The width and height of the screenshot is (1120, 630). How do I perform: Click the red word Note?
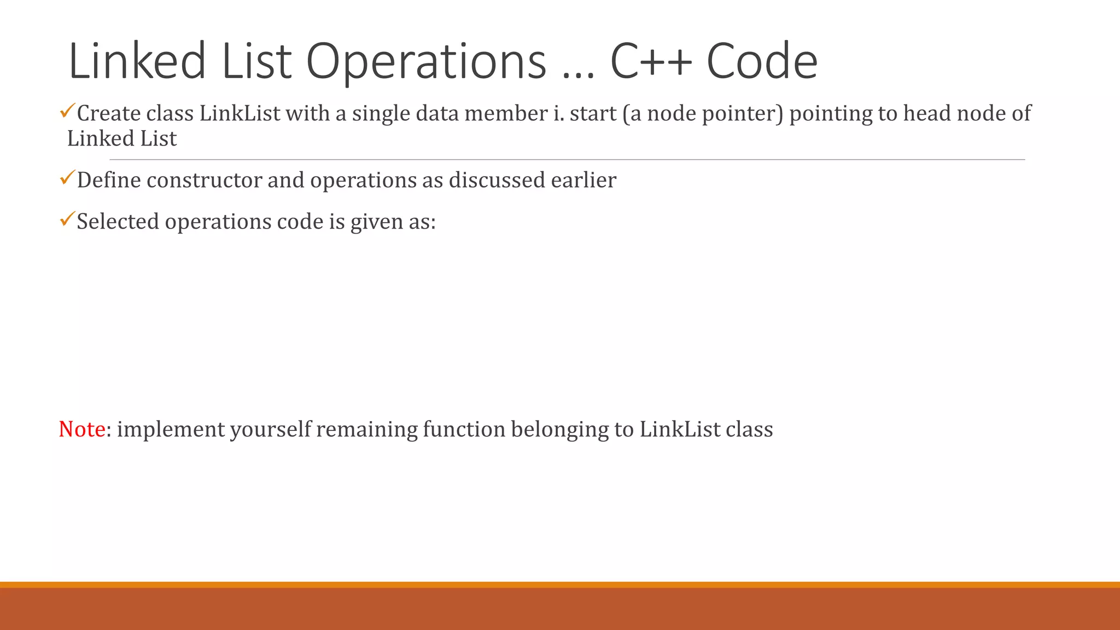[x=82, y=429]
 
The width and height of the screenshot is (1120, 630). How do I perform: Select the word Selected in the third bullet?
[x=118, y=222]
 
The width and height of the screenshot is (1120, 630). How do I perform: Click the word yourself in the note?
[x=270, y=429]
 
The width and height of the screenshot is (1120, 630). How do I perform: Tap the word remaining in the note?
[x=367, y=429]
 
